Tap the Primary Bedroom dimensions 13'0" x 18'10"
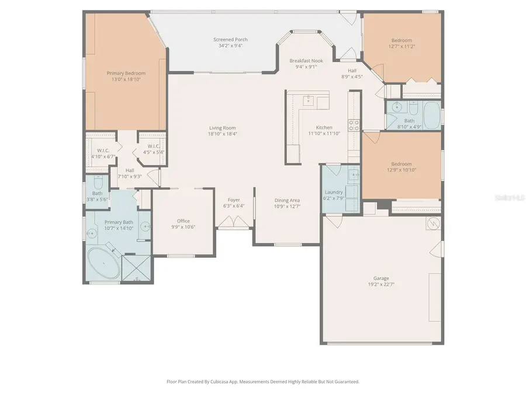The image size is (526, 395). coord(126,80)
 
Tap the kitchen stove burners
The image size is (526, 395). coord(353,125)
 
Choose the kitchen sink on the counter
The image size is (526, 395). coord(309,101)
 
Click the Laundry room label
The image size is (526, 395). coord(334,192)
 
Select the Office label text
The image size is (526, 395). coord(184,221)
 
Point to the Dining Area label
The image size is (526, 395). coord(287,200)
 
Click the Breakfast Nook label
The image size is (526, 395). coord(306,60)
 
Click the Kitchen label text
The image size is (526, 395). coord(324,127)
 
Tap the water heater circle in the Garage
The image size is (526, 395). coord(434,223)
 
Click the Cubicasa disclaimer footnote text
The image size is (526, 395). coord(263,382)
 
